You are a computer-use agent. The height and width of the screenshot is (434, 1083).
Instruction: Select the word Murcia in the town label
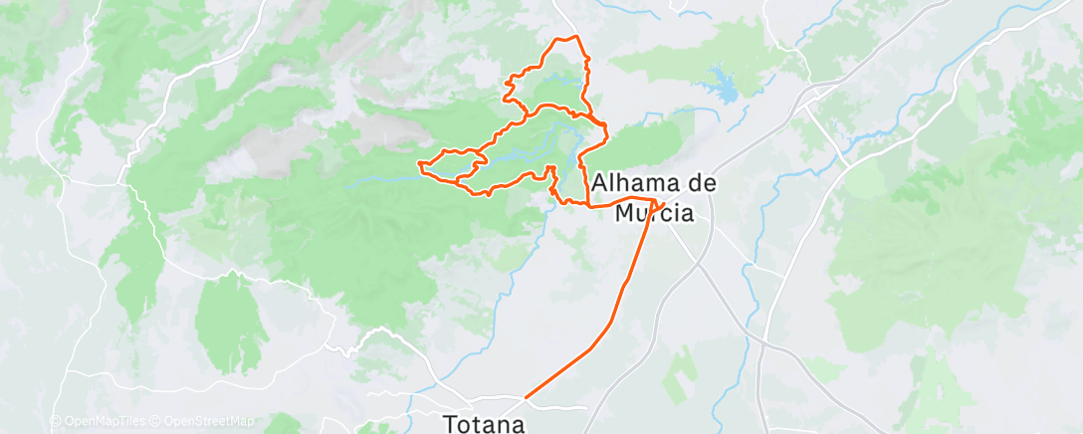click(x=654, y=211)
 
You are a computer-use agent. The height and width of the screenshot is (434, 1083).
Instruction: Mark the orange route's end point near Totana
click(x=526, y=397)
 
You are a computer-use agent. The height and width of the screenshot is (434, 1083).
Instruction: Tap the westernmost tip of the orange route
click(x=419, y=162)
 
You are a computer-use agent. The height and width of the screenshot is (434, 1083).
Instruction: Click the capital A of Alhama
click(x=601, y=184)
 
